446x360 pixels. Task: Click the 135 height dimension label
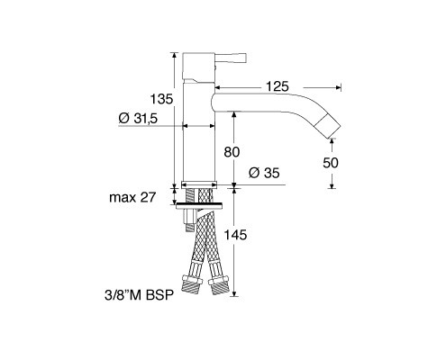click(161, 99)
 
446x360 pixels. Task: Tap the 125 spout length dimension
click(278, 86)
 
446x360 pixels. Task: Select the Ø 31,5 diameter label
click(138, 119)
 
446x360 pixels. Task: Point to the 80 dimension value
click(232, 152)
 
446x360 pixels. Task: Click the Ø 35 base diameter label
click(264, 173)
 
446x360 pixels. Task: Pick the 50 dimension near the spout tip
click(331, 163)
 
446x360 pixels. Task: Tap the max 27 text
click(132, 197)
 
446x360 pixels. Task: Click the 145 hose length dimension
click(236, 235)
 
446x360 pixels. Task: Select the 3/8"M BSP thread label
click(139, 295)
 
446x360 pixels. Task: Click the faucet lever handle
click(231, 58)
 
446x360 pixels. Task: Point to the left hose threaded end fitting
click(192, 286)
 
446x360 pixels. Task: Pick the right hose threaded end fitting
click(219, 285)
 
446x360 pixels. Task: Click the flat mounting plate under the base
click(199, 205)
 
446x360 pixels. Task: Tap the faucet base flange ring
click(199, 184)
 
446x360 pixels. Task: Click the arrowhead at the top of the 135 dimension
click(174, 55)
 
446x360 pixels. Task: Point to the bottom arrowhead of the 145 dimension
click(234, 293)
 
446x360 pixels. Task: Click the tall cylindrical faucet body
click(199, 132)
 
